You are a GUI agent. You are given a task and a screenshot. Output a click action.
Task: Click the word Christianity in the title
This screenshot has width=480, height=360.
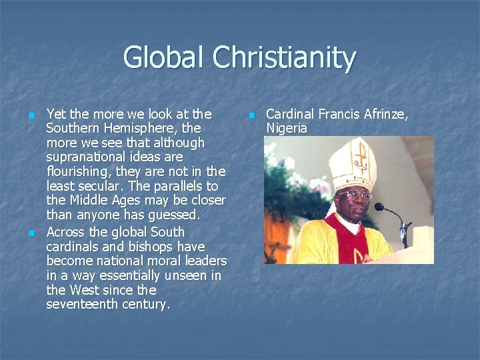click(284, 58)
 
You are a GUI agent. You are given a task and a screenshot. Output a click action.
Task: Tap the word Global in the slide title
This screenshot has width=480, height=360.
click(164, 58)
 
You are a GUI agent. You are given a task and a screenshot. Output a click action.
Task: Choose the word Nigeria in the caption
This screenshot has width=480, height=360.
click(287, 128)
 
